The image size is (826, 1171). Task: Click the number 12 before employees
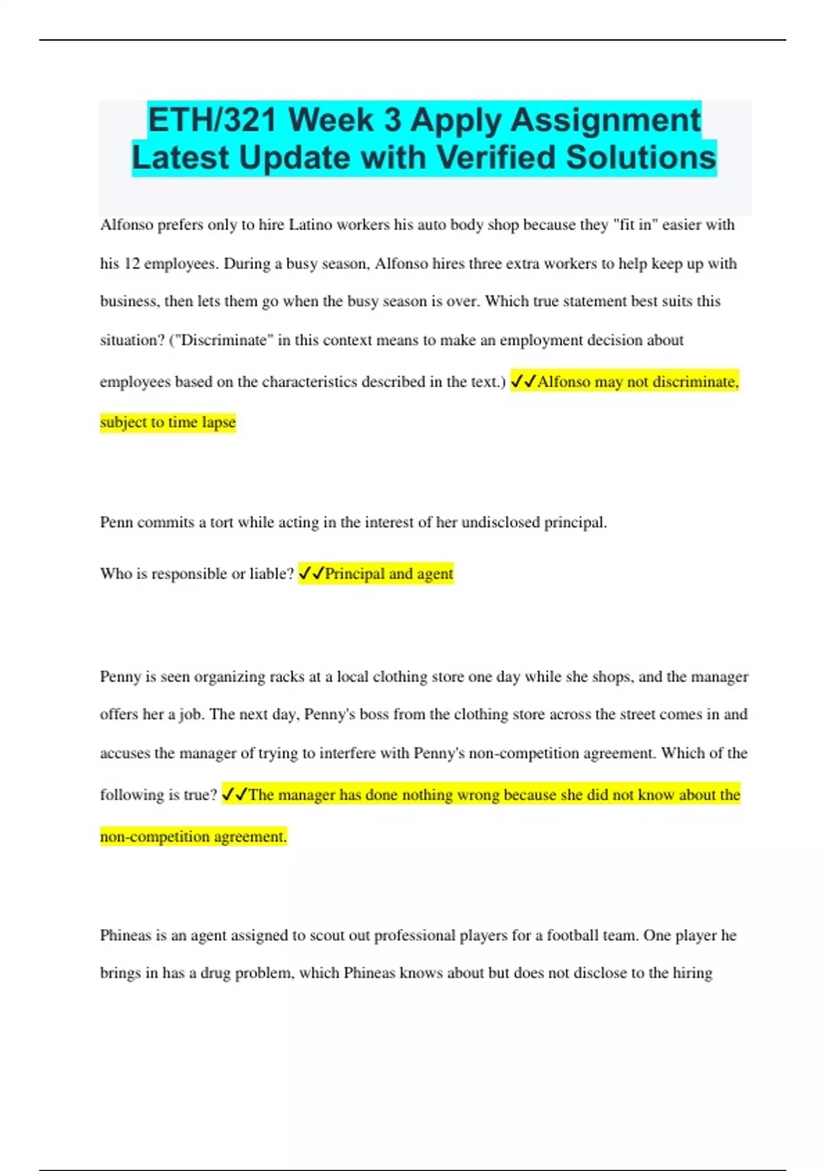point(131,264)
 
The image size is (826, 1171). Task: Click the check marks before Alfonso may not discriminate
point(523,382)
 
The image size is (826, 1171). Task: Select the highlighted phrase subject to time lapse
point(168,422)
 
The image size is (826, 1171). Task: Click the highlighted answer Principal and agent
point(389,574)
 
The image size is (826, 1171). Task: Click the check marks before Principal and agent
point(311,574)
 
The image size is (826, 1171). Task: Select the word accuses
point(125,754)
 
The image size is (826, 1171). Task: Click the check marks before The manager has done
point(235,795)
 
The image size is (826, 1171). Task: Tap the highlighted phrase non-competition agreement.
point(193,837)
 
